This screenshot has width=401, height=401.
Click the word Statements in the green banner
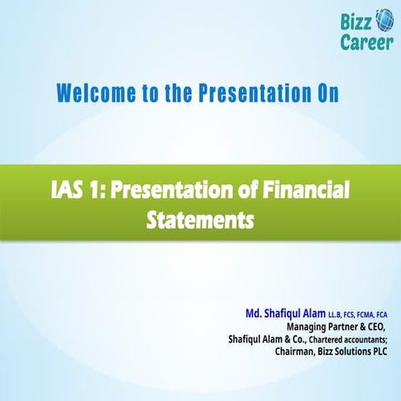(x=199, y=221)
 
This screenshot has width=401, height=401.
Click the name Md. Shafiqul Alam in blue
(x=285, y=313)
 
